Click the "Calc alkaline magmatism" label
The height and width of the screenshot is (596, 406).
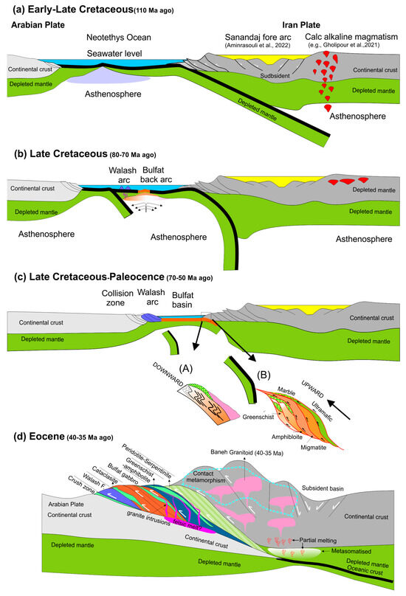[x=346, y=36]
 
